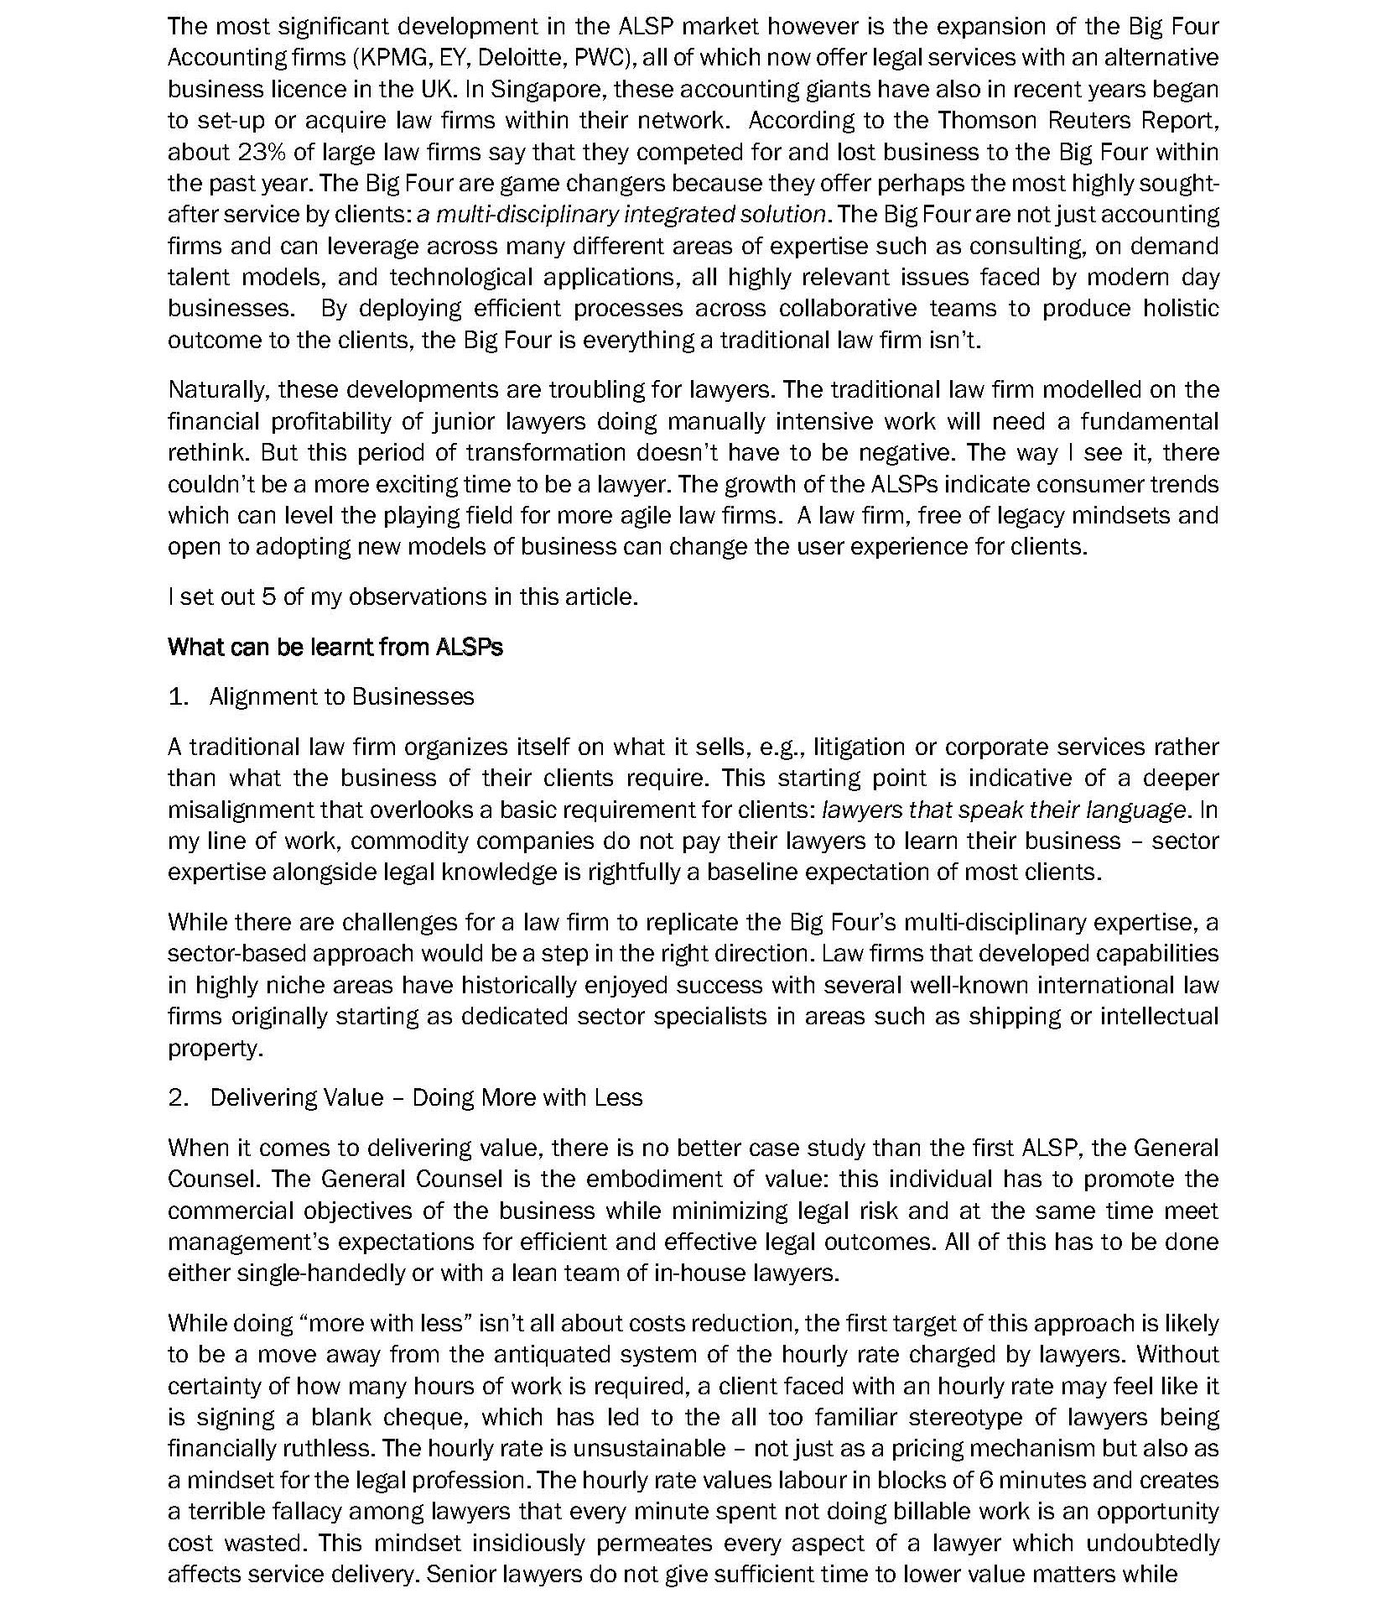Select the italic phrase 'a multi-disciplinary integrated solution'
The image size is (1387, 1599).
[621, 215]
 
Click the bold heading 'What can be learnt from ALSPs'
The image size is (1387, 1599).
[335, 647]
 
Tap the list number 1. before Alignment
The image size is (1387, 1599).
[178, 696]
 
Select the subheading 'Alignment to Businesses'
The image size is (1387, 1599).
[341, 696]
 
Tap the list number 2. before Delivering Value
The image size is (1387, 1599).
[178, 1097]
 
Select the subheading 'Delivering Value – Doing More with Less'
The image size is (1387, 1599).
[425, 1097]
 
